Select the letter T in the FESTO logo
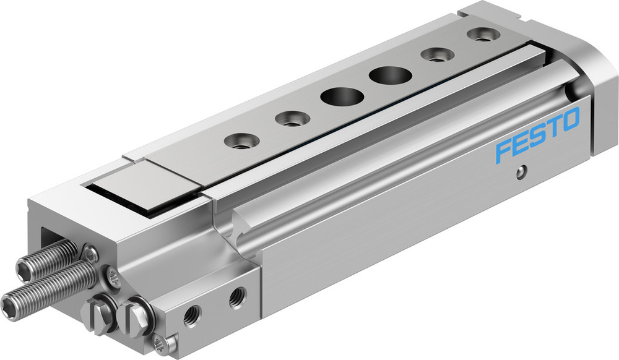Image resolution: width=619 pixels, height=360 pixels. pyautogui.click(x=553, y=126)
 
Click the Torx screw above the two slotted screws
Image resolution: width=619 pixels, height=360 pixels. pyautogui.click(x=112, y=278)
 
